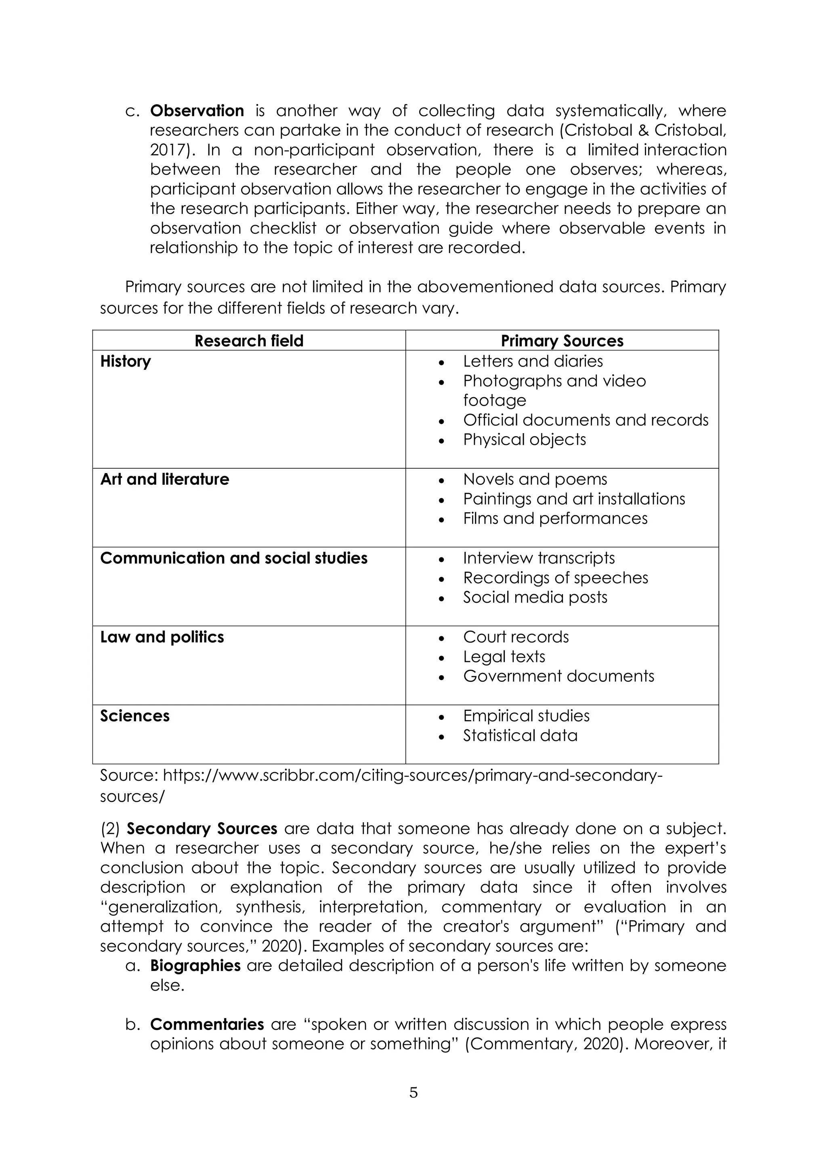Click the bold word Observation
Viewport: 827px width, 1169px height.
197,111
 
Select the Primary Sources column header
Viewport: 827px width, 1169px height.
562,341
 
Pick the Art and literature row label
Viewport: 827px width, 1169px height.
164,479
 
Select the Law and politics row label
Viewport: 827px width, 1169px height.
162,637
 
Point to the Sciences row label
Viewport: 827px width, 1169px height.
134,716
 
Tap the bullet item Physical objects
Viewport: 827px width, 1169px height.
525,440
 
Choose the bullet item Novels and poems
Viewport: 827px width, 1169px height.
535,479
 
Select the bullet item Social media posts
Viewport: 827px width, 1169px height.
535,597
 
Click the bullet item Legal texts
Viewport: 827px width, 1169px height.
504,657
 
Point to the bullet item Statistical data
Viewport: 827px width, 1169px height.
520,736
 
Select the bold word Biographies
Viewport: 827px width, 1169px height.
195,966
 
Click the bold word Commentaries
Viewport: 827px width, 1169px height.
207,1024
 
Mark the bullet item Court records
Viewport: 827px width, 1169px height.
515,637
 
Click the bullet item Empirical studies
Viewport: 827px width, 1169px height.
526,716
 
